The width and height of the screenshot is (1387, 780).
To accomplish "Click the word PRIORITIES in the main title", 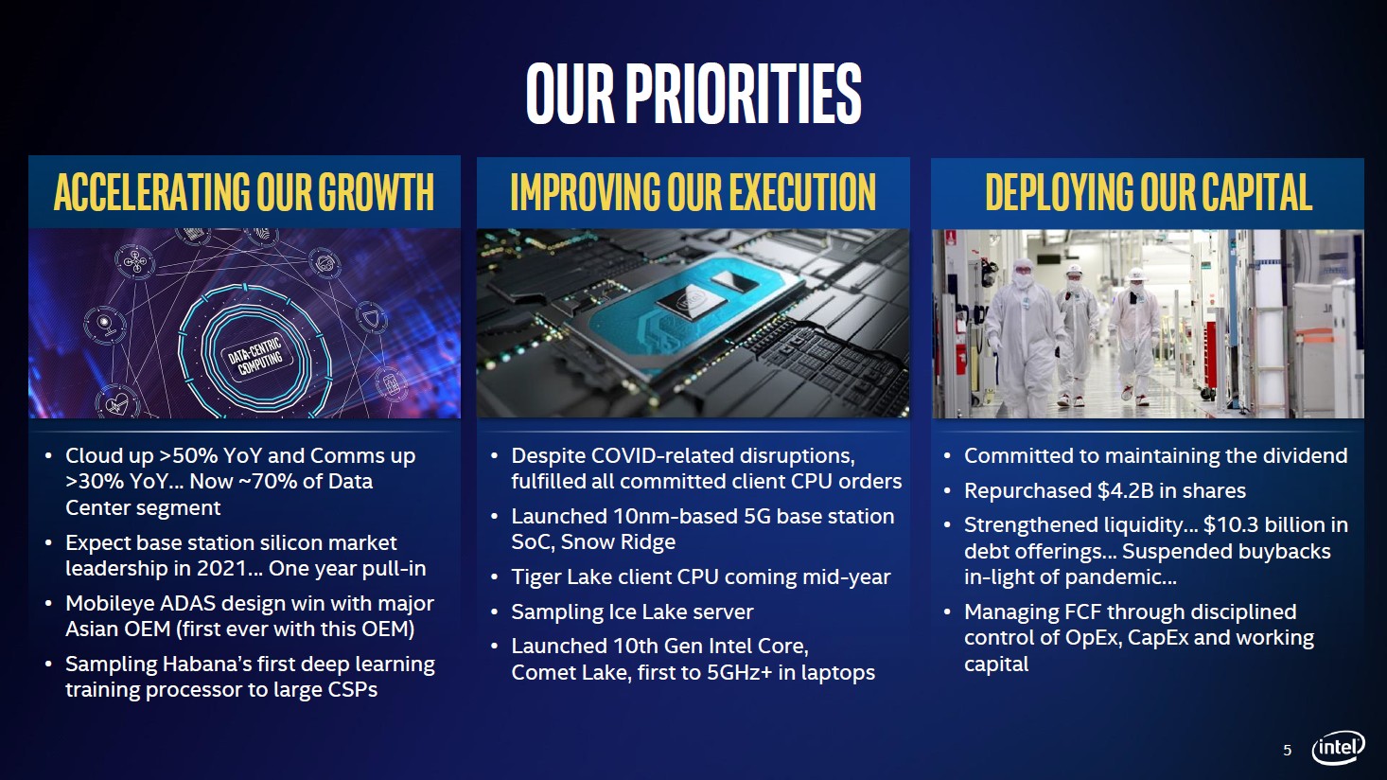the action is point(743,94).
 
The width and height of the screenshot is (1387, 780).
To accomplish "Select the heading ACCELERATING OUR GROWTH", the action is point(244,192).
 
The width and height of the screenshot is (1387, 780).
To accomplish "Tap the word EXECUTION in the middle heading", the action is point(802,192).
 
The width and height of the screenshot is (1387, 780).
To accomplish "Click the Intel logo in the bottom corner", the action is point(1338,748).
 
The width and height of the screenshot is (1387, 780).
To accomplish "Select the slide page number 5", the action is point(1288,751).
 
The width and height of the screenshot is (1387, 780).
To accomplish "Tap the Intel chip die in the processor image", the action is point(691,303).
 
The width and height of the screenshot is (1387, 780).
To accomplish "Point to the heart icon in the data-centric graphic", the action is point(116,404).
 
